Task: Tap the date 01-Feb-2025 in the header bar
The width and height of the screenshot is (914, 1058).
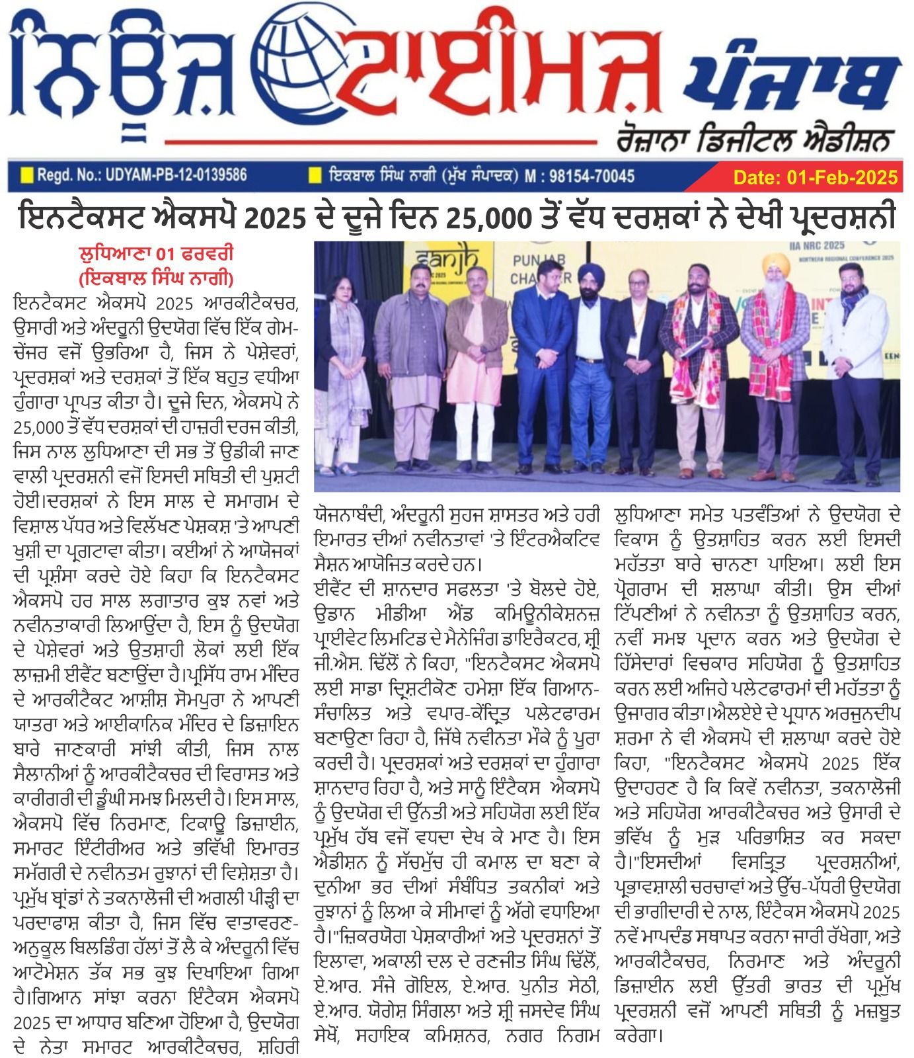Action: pyautogui.click(x=816, y=177)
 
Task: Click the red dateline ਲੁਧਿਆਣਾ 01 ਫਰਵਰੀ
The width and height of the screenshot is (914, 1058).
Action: pyautogui.click(x=156, y=254)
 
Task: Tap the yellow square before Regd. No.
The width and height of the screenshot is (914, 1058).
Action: pyautogui.click(x=26, y=175)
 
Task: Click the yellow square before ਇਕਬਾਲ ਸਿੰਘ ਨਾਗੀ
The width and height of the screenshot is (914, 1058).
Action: pyautogui.click(x=316, y=175)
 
